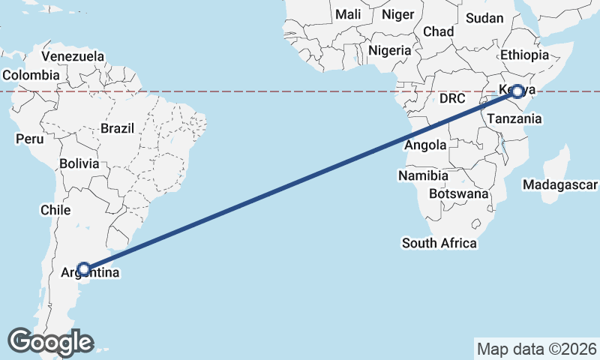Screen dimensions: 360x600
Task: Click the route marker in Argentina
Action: (84, 268)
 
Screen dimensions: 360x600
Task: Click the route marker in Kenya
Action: (517, 91)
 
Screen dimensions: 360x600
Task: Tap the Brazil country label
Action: (117, 128)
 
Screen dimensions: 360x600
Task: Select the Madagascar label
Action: (560, 184)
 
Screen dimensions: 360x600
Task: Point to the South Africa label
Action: (439, 243)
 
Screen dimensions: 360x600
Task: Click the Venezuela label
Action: (73, 57)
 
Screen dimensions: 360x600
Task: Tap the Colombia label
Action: (31, 75)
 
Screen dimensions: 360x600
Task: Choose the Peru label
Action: (30, 139)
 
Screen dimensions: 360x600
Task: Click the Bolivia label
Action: (79, 163)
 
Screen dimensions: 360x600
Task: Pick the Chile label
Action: (55, 210)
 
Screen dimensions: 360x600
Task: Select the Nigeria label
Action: (390, 51)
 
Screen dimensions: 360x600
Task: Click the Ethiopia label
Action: (525, 55)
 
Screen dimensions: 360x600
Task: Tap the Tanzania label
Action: (514, 118)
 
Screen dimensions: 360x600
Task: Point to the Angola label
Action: (425, 145)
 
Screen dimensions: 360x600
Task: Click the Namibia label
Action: (423, 175)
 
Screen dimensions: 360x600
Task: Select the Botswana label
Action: (457, 193)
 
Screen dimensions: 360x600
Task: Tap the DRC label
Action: (453, 98)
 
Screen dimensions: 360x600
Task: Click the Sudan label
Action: (484, 18)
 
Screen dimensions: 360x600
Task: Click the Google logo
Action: (50, 342)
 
